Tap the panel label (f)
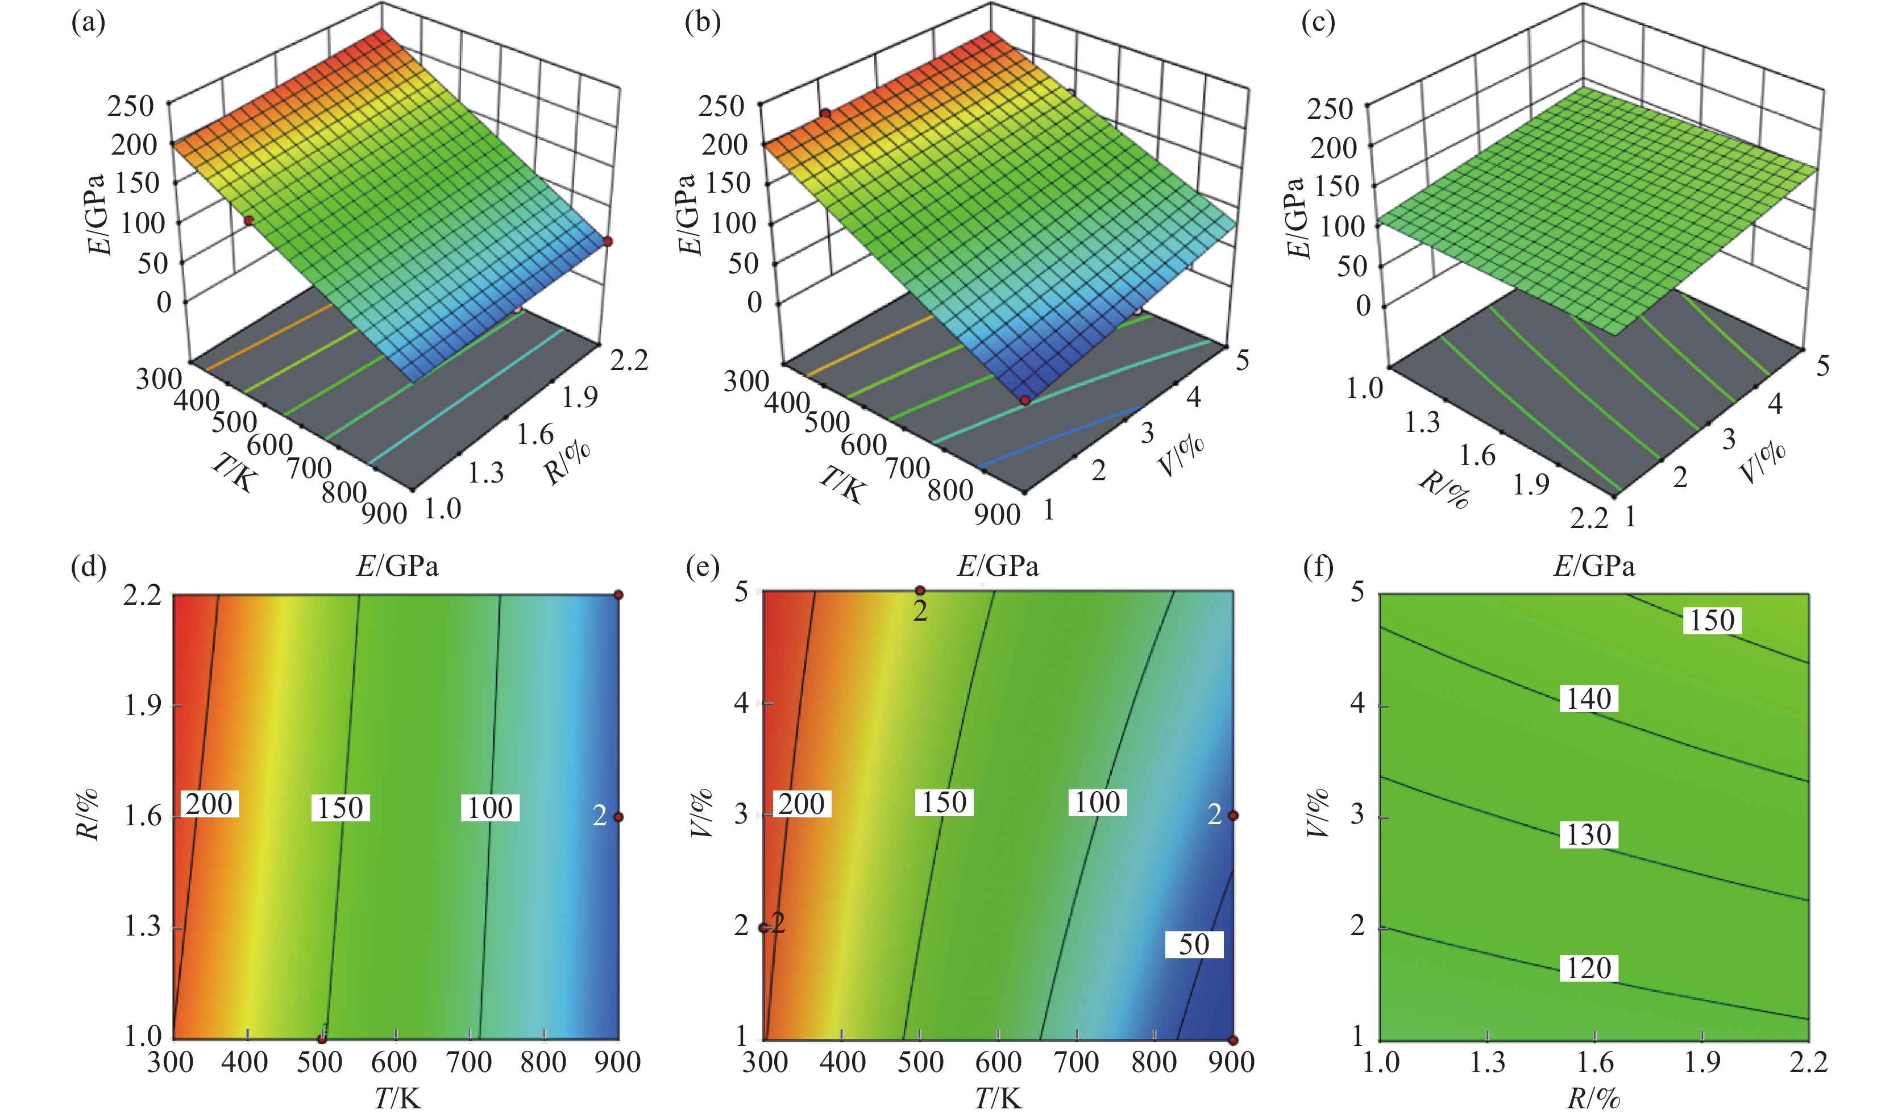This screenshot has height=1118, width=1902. click(x=1319, y=567)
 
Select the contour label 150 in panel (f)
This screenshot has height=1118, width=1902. click(x=1712, y=621)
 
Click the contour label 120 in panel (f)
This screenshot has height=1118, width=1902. click(x=1589, y=969)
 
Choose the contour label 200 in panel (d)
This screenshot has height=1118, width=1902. click(x=209, y=804)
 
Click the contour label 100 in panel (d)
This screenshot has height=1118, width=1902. click(x=490, y=808)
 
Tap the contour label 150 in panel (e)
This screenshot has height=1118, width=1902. click(x=944, y=803)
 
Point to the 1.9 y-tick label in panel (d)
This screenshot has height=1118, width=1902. click(x=142, y=706)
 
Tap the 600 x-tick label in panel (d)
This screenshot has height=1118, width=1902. click(x=394, y=1063)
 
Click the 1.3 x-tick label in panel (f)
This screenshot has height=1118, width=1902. click(x=1487, y=1063)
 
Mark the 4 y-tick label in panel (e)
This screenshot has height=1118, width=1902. click(x=741, y=703)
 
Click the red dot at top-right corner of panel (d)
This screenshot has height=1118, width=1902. click(x=618, y=595)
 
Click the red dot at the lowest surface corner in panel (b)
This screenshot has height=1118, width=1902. click(x=1025, y=400)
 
